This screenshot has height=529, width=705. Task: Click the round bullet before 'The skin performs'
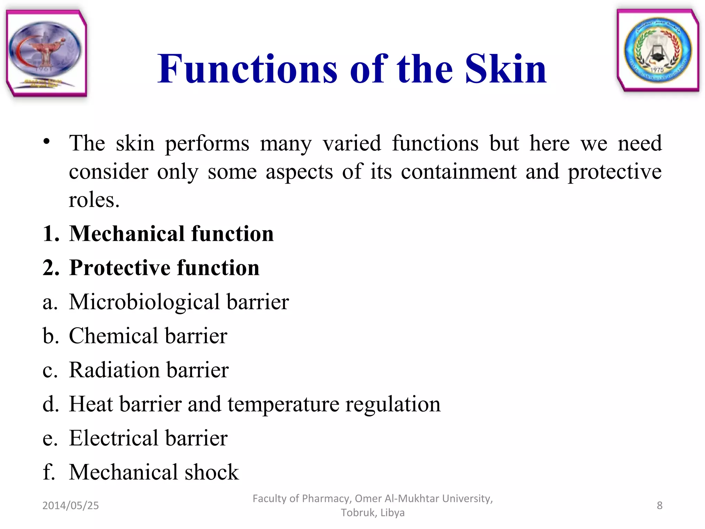point(47,142)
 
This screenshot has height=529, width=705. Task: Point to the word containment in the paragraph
point(459,172)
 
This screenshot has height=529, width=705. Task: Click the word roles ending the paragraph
point(94,200)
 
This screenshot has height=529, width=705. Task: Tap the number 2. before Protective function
point(51,268)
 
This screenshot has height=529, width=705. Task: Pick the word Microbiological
point(144,302)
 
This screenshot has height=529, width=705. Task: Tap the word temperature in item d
point(283,404)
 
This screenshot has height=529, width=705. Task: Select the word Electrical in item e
point(114,438)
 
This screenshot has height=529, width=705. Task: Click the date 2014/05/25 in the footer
point(71,505)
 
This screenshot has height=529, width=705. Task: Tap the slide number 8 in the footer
point(659,505)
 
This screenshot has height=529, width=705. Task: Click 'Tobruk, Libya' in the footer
point(372,512)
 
